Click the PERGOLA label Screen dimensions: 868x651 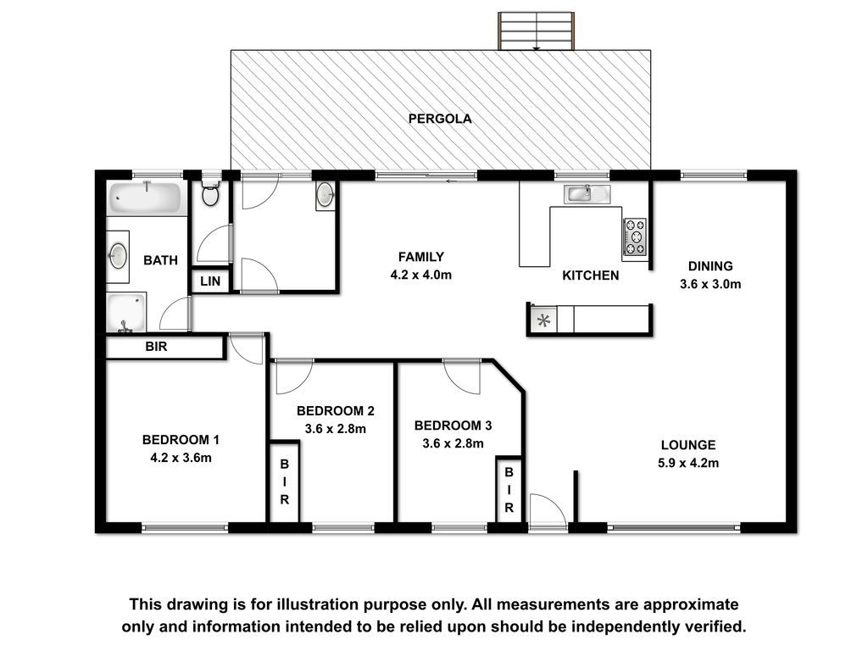440,119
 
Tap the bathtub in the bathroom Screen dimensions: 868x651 145,198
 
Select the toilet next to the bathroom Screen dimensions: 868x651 210,192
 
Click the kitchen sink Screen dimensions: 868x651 587,194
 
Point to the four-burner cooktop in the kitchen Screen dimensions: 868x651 634,237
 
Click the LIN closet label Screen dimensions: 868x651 210,281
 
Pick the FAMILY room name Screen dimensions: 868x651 420,257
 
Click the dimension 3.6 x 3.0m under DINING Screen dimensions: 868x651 710,284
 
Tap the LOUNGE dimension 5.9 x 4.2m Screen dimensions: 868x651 688,463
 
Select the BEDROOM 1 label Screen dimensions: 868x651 181,440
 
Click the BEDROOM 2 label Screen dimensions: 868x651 336,411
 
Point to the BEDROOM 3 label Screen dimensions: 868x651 453,426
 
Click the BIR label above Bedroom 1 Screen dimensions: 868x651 156,347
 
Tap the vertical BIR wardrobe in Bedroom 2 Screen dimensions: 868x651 284,481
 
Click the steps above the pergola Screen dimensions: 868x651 536,31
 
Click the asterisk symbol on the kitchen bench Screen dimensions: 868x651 543,320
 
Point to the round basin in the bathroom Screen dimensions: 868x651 117,256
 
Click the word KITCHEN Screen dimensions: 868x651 590,275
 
